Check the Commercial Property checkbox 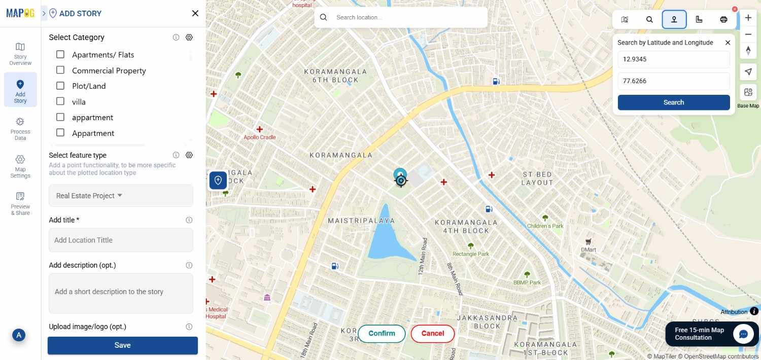60,70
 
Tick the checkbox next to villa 60,101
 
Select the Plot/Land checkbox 60,86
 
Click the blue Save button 122,345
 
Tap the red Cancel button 432,334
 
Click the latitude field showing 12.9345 673,59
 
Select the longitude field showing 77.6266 673,81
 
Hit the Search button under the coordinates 673,102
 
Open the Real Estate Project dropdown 121,196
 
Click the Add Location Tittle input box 121,240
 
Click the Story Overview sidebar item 20,54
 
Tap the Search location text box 406,18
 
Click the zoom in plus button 748,18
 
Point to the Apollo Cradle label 260,137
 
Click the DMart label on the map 589,249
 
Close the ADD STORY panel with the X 195,14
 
